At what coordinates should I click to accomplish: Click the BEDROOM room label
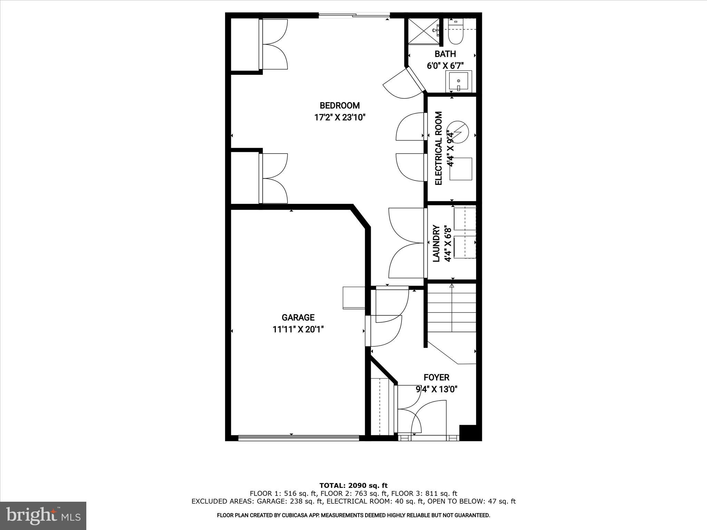click(339, 106)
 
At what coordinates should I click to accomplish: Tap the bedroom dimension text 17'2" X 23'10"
click(339, 118)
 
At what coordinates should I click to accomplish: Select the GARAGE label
click(298, 317)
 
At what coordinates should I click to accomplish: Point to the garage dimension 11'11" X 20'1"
click(298, 330)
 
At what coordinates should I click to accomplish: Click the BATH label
click(445, 54)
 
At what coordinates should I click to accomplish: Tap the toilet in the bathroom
click(455, 35)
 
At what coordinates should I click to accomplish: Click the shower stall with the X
click(423, 31)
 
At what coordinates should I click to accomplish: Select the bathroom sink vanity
click(458, 81)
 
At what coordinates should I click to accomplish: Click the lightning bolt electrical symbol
click(459, 131)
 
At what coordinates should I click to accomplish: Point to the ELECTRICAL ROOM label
click(438, 148)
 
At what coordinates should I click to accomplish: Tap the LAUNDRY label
click(436, 244)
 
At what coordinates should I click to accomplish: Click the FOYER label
click(436, 377)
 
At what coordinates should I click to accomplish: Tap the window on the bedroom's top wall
click(354, 15)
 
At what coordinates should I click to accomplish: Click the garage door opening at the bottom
click(299, 438)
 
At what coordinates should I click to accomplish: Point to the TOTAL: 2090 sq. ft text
click(353, 486)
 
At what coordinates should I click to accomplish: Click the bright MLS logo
click(43, 516)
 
